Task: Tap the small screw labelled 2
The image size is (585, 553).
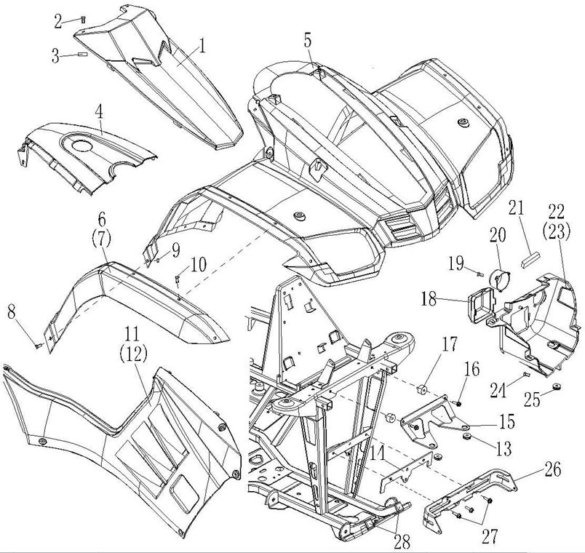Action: pyautogui.click(x=85, y=20)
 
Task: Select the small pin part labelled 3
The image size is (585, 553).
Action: pyautogui.click(x=81, y=53)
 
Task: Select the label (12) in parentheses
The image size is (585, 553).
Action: pyautogui.click(x=135, y=356)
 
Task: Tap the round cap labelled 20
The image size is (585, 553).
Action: pyautogui.click(x=500, y=278)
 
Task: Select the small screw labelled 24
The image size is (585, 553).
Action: pyautogui.click(x=525, y=375)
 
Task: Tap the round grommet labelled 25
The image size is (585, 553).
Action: pyautogui.click(x=554, y=386)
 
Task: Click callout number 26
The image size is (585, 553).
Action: pyautogui.click(x=552, y=469)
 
